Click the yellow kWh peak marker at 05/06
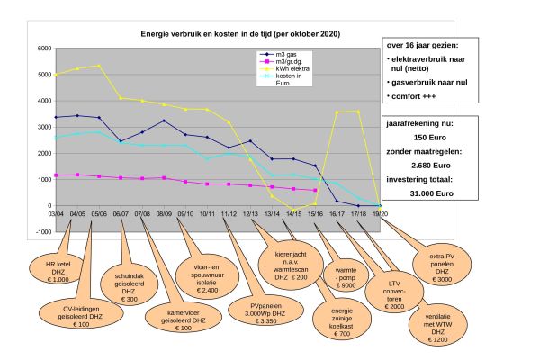[98, 66]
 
